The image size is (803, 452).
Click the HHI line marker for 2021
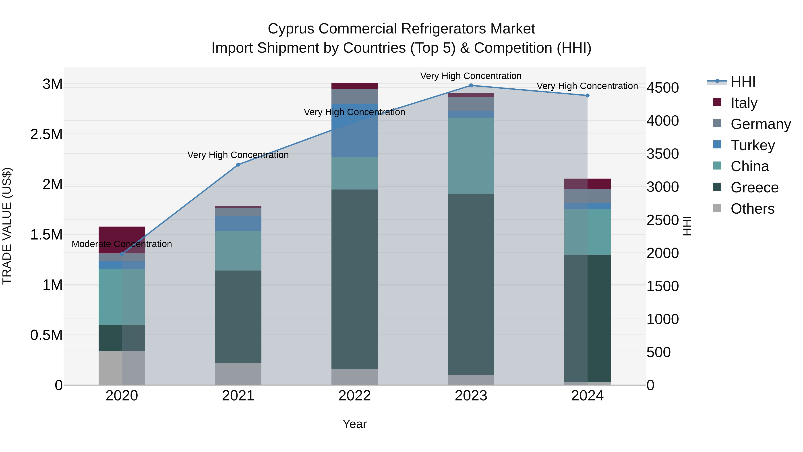click(x=238, y=165)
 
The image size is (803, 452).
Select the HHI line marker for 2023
click(x=471, y=85)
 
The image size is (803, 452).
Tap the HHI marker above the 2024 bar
click(x=587, y=96)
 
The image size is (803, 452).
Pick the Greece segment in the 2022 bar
click(x=354, y=279)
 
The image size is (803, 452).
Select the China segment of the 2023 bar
click(x=471, y=156)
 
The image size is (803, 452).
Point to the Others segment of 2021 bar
click(x=238, y=374)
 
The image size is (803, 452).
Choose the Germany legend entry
click(x=761, y=124)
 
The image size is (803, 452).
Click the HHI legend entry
click(x=743, y=82)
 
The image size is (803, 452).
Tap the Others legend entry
click(x=752, y=209)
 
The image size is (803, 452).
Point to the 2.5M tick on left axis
click(x=46, y=134)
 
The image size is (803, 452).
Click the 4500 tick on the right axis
click(x=662, y=88)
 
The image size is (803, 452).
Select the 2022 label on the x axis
click(x=354, y=396)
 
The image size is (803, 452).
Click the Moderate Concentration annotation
click(x=122, y=244)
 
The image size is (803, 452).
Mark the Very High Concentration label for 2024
click(x=587, y=86)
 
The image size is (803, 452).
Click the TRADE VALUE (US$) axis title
click(x=7, y=226)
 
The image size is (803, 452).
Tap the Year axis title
click(x=354, y=424)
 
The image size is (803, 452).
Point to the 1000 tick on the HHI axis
click(x=662, y=319)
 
